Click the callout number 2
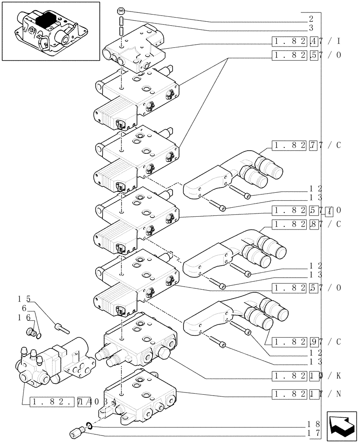tap(311, 19)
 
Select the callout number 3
tap(311, 28)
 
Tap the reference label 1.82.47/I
tap(306, 42)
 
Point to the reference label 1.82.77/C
tap(306, 145)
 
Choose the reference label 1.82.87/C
tap(306, 224)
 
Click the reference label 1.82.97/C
tap(306, 342)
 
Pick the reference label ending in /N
tap(306, 393)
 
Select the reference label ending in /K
tap(306, 376)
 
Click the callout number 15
tap(23, 298)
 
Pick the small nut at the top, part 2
tap(121, 12)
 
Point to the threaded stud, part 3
tap(121, 27)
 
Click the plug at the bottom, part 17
tap(76, 431)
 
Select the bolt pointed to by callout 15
tap(62, 328)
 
